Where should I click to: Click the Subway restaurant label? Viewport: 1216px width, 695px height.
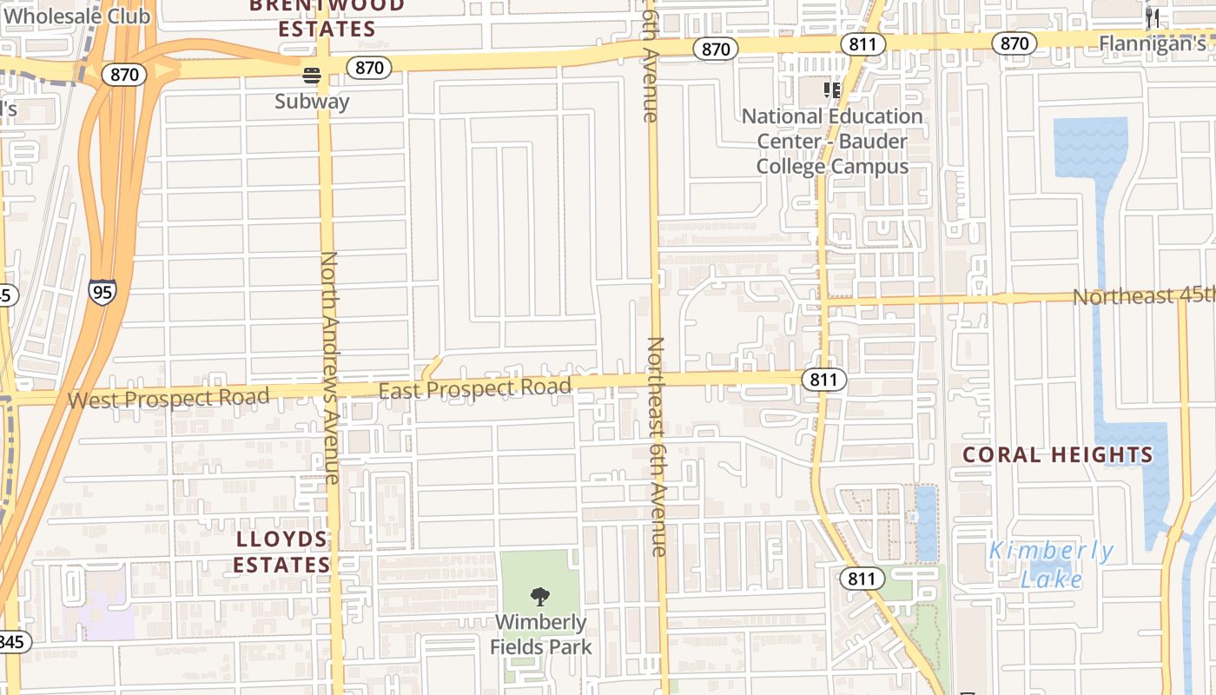[312, 102]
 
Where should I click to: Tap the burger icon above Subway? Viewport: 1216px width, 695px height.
[312, 76]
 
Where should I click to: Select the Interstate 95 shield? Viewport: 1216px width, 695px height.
[102, 292]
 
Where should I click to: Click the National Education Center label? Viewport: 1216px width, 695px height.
[832, 141]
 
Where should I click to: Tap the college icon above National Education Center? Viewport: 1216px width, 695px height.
[832, 89]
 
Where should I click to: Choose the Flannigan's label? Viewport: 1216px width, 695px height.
[1153, 43]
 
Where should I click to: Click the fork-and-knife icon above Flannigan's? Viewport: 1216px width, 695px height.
[1153, 17]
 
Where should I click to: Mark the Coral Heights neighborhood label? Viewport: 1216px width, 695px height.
[1057, 454]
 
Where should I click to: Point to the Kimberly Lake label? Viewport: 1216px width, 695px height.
[1052, 565]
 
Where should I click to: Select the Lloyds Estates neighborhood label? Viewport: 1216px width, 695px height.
[281, 552]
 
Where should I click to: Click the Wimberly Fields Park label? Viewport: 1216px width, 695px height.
[540, 634]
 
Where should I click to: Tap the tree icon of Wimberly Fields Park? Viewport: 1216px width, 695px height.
[540, 597]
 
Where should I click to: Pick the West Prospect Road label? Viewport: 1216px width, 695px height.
[169, 399]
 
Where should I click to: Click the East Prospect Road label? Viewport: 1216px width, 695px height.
[475, 388]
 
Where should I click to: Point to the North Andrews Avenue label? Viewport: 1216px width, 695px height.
[330, 367]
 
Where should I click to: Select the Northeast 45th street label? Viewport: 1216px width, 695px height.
[1143, 295]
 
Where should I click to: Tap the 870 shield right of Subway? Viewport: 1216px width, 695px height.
[369, 67]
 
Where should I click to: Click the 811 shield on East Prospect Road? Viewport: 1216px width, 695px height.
[823, 379]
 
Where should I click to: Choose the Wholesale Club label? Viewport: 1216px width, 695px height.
[76, 15]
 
